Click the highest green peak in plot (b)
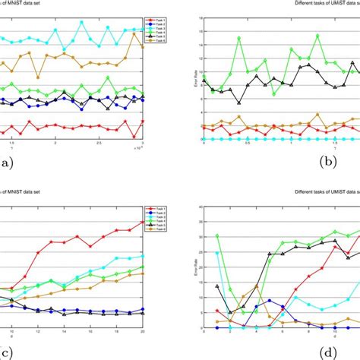pyautogui.click(x=239, y=37)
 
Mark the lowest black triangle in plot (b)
pyautogui.click(x=239, y=103)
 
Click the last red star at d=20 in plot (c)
pyautogui.click(x=142, y=223)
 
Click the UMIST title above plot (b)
pyautogui.click(x=327, y=5)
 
